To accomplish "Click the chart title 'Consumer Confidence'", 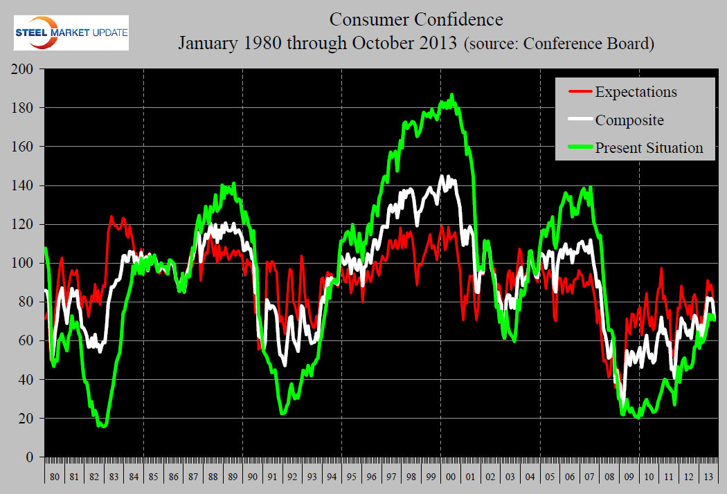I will click(x=416, y=18).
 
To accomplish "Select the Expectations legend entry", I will click(x=636, y=91).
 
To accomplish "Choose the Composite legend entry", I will click(x=629, y=120).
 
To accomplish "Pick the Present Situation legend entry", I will click(x=649, y=147).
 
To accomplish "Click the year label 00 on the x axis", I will click(x=451, y=477).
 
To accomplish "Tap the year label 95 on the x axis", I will click(x=352, y=477).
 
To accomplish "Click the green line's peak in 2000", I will click(x=452, y=95).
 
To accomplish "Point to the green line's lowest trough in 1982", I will click(x=103, y=426).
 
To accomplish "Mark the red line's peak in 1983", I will click(x=111, y=217).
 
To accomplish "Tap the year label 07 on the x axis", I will click(x=589, y=477).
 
